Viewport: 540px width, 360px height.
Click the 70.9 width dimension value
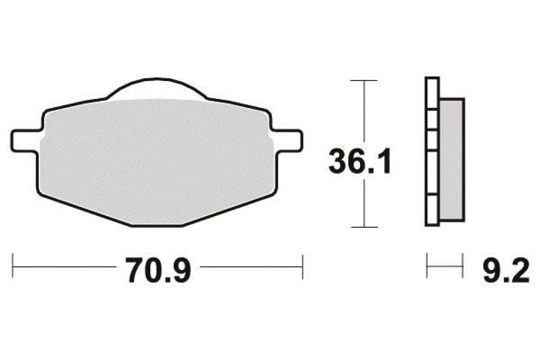[159, 271]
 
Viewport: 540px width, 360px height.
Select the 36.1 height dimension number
[359, 161]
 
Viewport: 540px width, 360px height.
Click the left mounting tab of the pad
[25, 139]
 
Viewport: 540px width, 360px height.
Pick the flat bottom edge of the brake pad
[157, 226]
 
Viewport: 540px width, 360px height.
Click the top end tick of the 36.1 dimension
[363, 81]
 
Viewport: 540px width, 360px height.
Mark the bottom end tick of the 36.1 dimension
[363, 227]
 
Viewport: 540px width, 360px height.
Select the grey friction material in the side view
[451, 160]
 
